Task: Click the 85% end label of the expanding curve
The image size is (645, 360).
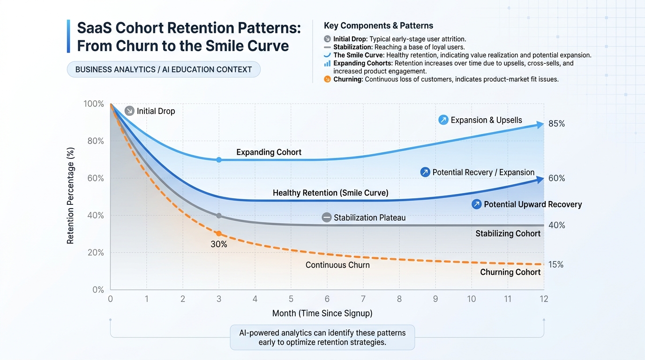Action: (x=556, y=124)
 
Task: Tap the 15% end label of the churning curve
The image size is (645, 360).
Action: (x=556, y=265)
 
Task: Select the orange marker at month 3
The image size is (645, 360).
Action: (x=218, y=233)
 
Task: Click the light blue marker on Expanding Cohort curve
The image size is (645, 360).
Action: (x=218, y=160)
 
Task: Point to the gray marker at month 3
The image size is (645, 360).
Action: (x=218, y=216)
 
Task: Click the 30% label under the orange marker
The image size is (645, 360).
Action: (x=218, y=244)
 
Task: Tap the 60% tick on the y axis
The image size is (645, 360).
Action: (x=94, y=178)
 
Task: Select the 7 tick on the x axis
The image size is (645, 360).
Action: (x=363, y=299)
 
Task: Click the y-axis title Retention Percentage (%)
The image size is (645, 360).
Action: (x=70, y=196)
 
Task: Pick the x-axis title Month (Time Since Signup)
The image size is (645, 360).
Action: (x=322, y=313)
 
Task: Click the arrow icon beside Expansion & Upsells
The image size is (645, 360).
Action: (x=443, y=120)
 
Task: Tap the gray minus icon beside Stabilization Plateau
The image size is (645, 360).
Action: (x=327, y=217)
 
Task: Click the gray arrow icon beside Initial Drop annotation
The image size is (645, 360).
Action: (x=129, y=111)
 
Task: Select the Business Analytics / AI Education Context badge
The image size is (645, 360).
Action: (x=164, y=69)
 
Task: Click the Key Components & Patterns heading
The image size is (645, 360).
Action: (x=378, y=26)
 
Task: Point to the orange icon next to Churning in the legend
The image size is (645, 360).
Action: (x=327, y=79)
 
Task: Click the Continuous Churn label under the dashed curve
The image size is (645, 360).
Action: (x=337, y=265)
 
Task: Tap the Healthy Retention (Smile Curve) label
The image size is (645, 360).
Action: (x=330, y=193)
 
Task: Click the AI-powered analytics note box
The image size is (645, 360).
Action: (x=322, y=337)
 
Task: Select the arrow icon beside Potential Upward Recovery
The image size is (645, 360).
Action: (x=476, y=204)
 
